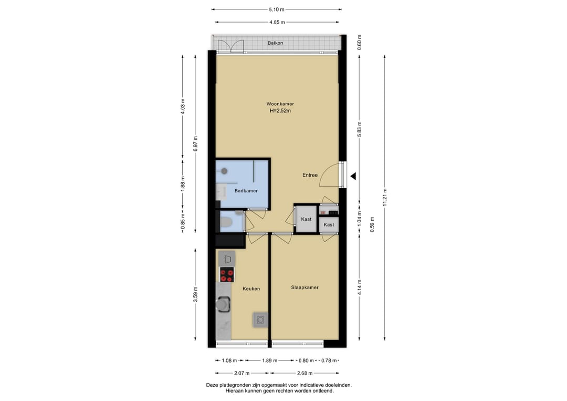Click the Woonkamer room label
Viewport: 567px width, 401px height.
click(x=280, y=104)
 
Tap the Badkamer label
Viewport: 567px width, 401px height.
click(x=246, y=191)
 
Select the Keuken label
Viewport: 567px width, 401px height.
click(x=251, y=289)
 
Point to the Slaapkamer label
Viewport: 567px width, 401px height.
click(x=304, y=287)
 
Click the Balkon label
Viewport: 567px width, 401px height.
click(x=275, y=43)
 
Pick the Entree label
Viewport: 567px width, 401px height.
click(x=310, y=175)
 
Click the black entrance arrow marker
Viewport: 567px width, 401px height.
click(x=353, y=176)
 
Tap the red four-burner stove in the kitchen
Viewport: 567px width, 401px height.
click(x=227, y=274)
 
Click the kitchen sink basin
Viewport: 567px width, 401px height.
click(x=223, y=304)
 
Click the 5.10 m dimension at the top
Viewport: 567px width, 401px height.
click(x=277, y=9)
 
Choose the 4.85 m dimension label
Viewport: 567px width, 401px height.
click(x=277, y=22)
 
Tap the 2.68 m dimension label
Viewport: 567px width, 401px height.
click(x=305, y=373)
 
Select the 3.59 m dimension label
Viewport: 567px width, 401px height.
click(x=196, y=294)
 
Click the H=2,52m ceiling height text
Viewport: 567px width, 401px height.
click(x=280, y=111)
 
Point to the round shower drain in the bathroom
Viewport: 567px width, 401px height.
click(x=224, y=171)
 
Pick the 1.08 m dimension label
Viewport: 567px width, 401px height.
click(x=229, y=361)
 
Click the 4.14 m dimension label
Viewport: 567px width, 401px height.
click(x=360, y=287)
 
